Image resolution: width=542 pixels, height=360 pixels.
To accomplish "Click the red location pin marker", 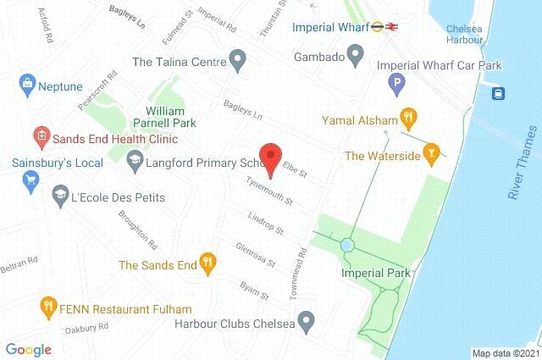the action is point(270,158).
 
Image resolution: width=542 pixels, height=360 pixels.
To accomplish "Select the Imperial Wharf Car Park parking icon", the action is point(394,83).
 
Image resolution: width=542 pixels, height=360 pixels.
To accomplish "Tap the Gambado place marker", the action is point(356,57).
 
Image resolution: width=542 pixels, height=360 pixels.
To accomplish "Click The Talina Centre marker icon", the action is point(238,61).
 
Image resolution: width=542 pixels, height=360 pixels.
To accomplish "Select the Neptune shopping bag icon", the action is point(28,85).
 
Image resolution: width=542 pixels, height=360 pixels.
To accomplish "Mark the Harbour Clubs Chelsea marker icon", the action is point(309,322).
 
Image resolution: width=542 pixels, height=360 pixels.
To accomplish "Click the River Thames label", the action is point(523,177).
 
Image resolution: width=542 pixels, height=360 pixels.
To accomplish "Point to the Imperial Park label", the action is point(375,273).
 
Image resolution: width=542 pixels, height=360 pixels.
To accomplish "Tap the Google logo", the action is point(29,349).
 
